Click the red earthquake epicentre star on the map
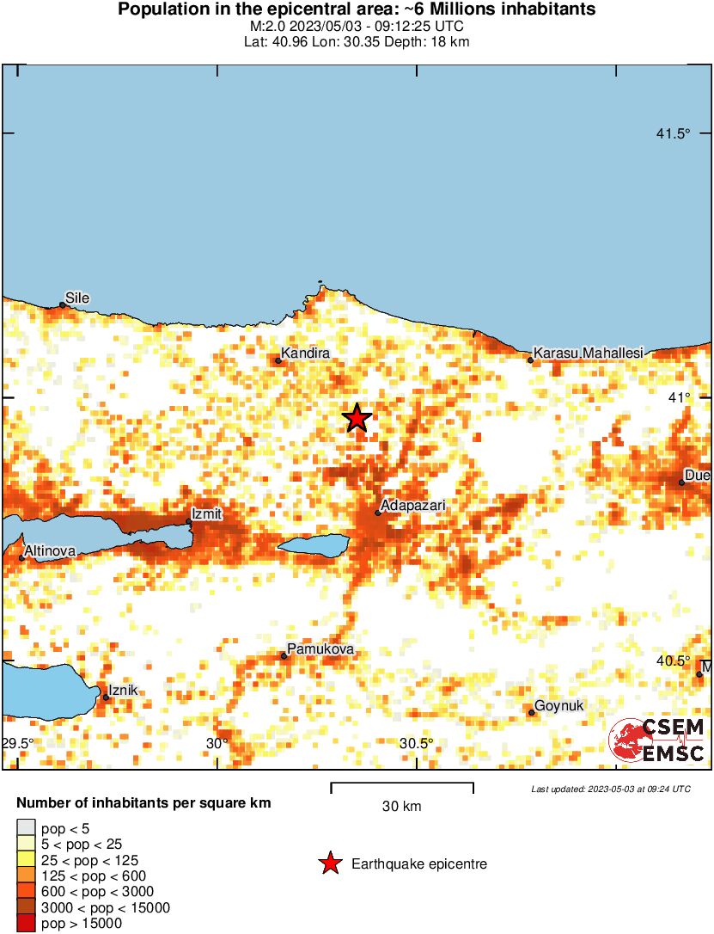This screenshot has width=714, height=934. coord(357,418)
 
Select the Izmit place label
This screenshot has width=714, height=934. coord(207,513)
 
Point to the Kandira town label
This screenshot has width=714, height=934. coord(306,353)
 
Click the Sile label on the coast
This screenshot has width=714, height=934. coord(77,298)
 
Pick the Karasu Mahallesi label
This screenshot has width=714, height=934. coord(589,353)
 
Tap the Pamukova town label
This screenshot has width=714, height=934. coord(320,648)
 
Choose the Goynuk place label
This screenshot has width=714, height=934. coord(558,706)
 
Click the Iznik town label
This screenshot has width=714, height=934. coord(123,690)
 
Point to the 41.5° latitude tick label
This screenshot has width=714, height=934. coord(674,133)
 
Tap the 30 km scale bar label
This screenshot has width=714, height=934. coord(401,807)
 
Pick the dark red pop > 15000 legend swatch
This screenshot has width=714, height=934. coord(26,924)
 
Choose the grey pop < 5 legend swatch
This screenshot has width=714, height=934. coord(26,828)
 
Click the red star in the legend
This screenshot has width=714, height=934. coord(330,863)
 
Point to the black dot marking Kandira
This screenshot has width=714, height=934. coord(278,361)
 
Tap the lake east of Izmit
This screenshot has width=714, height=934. coord(314,545)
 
